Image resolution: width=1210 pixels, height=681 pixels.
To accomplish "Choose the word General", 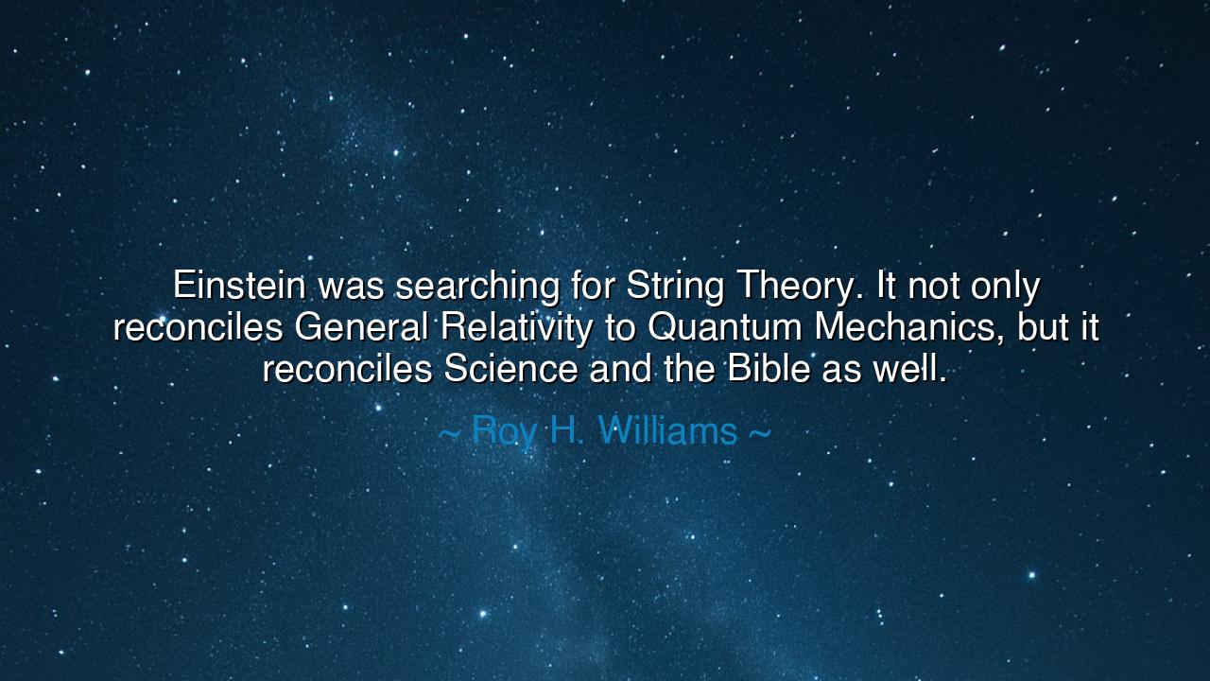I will pos(361,327).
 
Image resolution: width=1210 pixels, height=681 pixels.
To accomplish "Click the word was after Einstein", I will pos(351,286).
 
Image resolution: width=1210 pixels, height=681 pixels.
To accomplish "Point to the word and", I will pos(619,369).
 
